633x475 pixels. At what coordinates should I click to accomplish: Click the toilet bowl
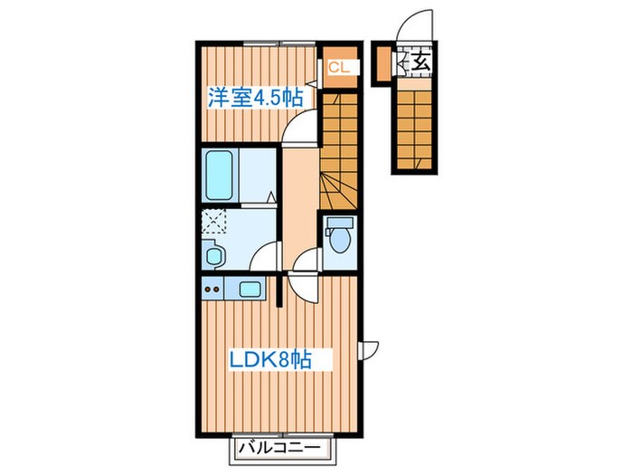339,238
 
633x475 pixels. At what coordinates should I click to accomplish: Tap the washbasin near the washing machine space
214,255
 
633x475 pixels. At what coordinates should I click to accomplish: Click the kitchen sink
249,290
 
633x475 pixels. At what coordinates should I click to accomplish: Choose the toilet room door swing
308,260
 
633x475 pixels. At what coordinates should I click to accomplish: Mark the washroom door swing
267,257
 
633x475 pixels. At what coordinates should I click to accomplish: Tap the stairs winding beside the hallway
340,154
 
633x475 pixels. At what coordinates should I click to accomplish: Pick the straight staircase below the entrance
414,122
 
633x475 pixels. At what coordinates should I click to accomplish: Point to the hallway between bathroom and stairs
299,204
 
